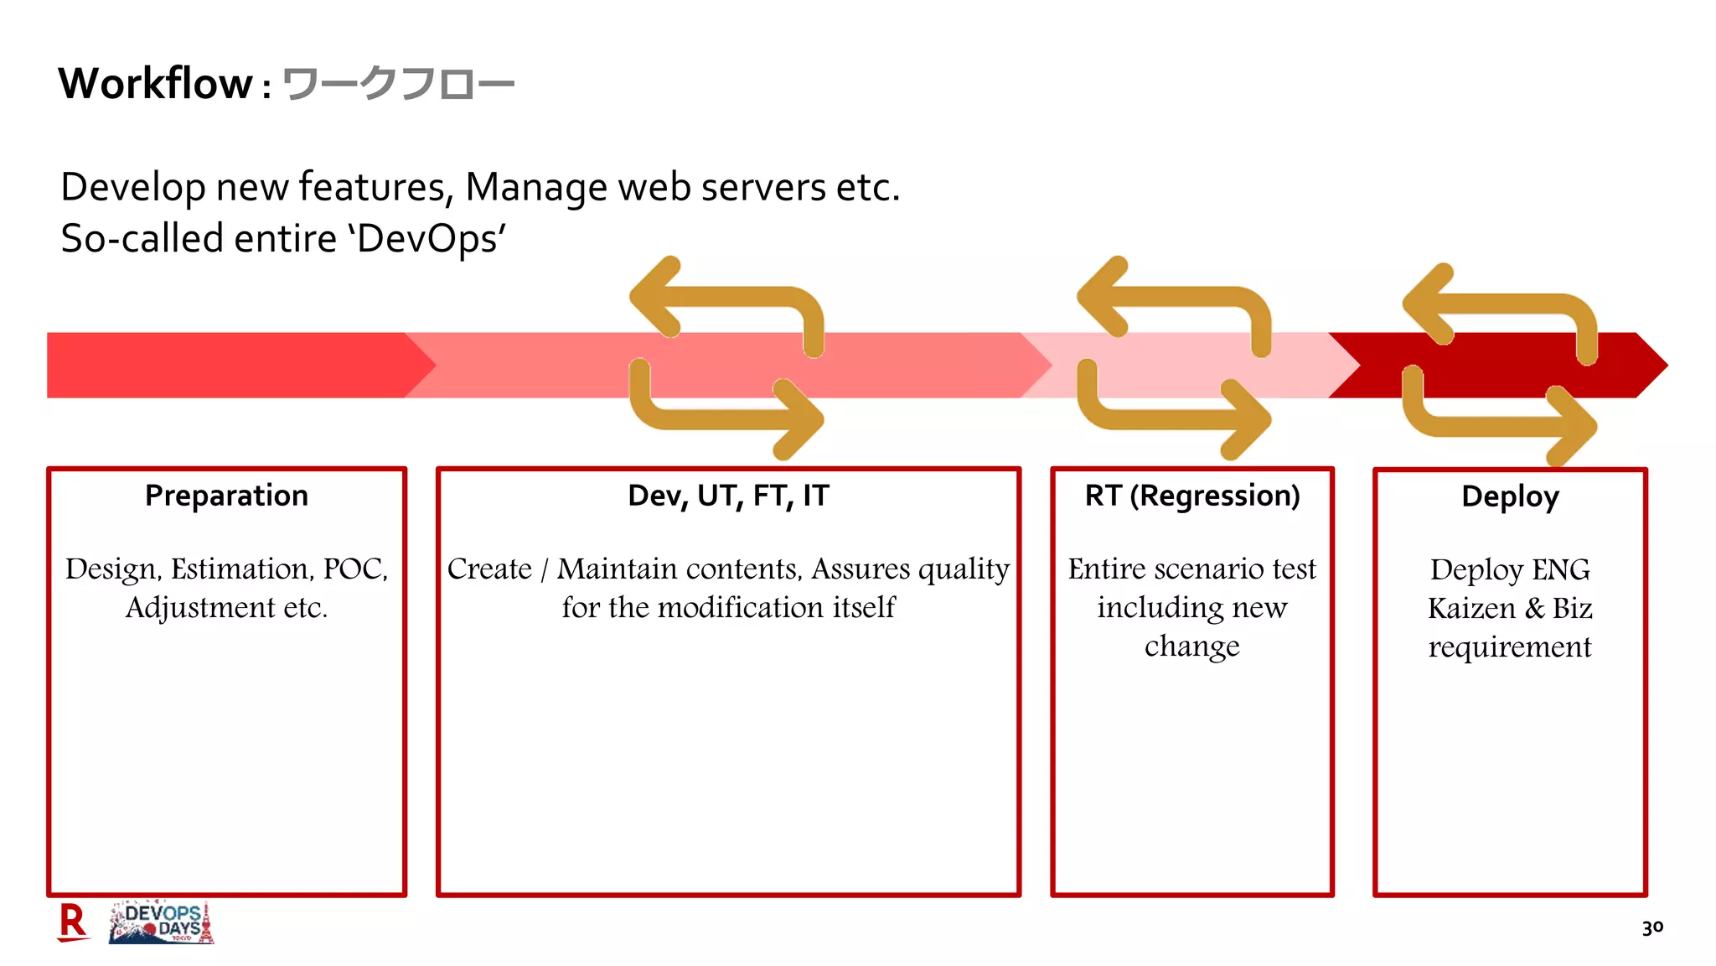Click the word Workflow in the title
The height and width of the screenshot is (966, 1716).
point(155,84)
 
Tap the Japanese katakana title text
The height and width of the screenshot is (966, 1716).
point(398,85)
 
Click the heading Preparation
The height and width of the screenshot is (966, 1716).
point(226,496)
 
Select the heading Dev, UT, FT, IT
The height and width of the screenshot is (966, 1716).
point(728,496)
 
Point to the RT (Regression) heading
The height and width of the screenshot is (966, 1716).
point(1191,496)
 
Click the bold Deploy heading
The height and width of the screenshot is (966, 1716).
point(1510,496)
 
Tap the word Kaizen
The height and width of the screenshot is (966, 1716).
point(1471,609)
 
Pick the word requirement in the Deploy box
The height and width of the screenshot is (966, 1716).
point(1509,647)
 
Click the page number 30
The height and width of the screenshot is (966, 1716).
point(1652,927)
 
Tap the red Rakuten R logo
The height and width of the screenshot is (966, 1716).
point(73,922)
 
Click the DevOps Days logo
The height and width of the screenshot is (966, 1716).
point(162,922)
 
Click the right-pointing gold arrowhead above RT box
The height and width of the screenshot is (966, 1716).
point(1244,419)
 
